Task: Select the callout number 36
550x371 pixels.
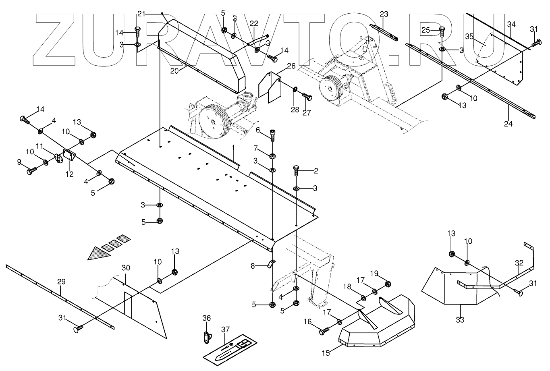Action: (x=206, y=318)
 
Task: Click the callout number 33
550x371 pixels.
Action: (x=460, y=320)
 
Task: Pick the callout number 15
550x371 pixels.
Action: (x=326, y=353)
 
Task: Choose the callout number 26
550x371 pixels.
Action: (x=291, y=65)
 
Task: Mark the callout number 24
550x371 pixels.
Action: (x=508, y=124)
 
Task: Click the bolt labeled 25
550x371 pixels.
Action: (x=442, y=31)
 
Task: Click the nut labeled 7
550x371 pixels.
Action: (x=272, y=156)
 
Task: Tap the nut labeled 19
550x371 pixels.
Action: (x=387, y=285)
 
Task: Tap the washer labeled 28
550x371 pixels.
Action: (x=295, y=89)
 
